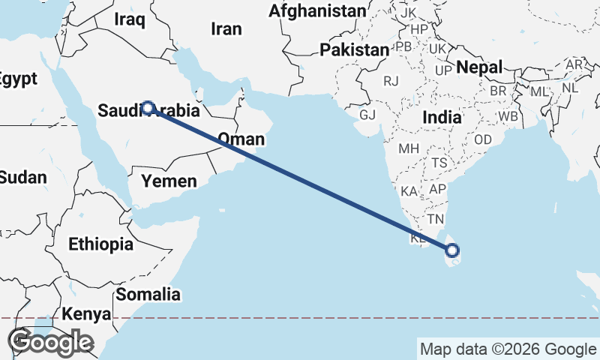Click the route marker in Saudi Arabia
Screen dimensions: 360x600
(148, 108)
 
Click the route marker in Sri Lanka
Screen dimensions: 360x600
(452, 250)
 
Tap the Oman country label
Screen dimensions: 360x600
(241, 139)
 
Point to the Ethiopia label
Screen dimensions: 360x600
(100, 244)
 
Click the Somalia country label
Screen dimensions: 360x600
(148, 294)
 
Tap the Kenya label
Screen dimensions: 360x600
(87, 313)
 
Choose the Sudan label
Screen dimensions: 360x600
(22, 178)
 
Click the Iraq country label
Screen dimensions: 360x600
(129, 20)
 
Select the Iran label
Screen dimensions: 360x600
(226, 29)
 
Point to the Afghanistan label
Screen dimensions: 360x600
(317, 11)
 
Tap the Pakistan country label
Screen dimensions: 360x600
(354, 49)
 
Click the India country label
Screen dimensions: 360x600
(442, 118)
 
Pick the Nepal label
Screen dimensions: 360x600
(479, 66)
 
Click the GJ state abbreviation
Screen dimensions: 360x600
(367, 115)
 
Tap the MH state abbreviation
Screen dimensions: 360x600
(409, 148)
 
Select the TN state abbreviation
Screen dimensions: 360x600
(436, 219)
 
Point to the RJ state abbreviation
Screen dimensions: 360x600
(391, 81)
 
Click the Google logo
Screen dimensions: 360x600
(50, 342)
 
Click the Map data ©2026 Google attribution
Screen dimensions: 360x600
(507, 349)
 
